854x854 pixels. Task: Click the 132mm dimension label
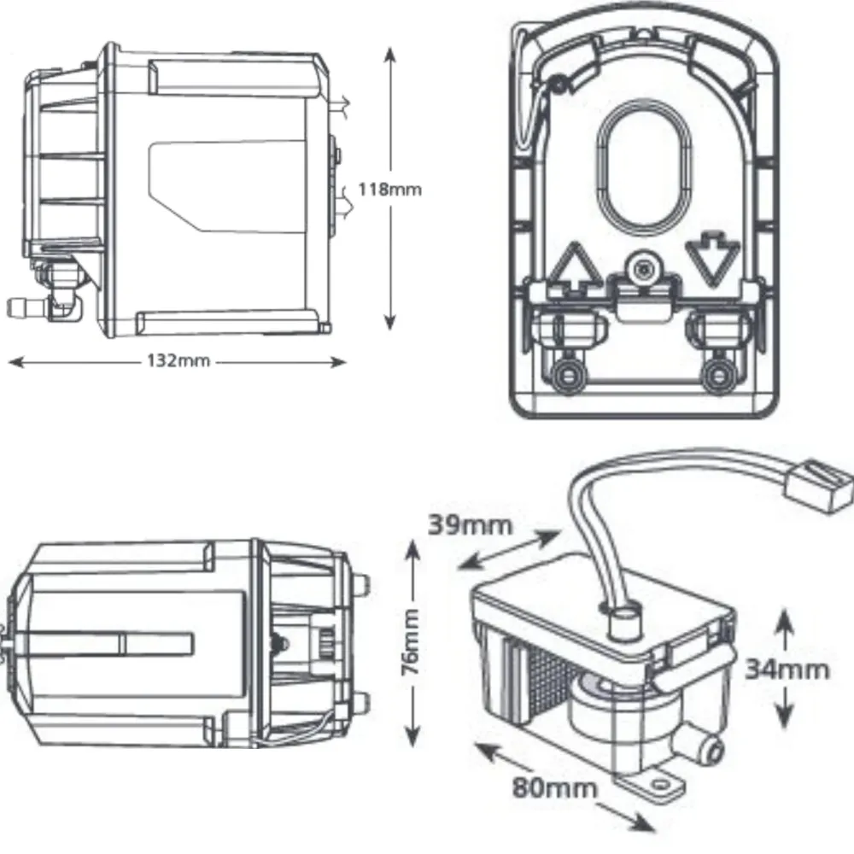coord(178,360)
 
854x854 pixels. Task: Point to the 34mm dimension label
coord(786,669)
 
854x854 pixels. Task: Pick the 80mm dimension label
coord(554,787)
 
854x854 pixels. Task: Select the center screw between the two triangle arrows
coord(642,269)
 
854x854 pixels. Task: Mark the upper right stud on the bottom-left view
coord(362,584)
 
